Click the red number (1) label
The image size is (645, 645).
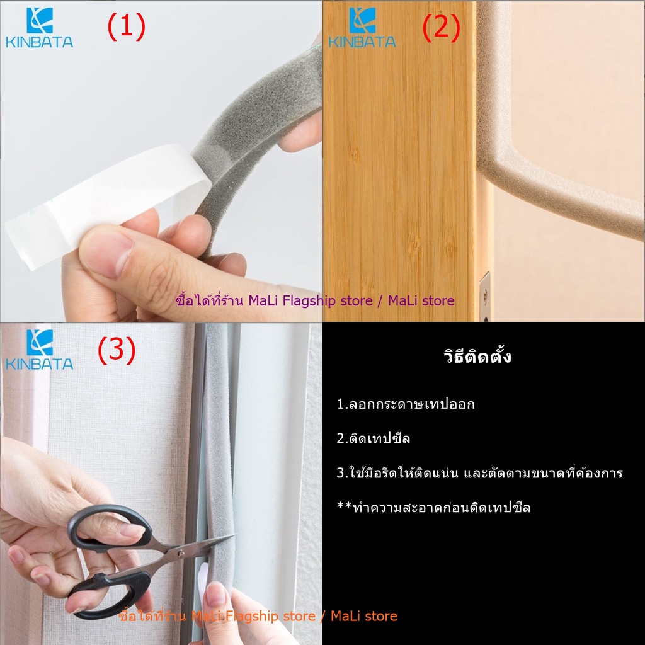(126, 26)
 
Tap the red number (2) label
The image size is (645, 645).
(442, 28)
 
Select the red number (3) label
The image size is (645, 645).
(117, 350)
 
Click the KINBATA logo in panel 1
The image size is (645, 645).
(40, 28)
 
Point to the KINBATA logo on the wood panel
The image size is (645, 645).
(362, 28)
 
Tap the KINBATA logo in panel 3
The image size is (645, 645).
(40, 350)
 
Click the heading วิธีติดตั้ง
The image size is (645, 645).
(477, 357)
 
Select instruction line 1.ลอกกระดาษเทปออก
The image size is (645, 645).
(406, 404)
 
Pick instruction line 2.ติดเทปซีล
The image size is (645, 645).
(373, 438)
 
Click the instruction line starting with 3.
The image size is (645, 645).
(479, 473)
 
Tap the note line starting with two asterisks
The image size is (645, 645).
(433, 508)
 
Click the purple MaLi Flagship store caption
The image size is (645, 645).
(315, 300)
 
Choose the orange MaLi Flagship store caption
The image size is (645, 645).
(258, 616)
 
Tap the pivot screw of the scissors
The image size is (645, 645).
(181, 554)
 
